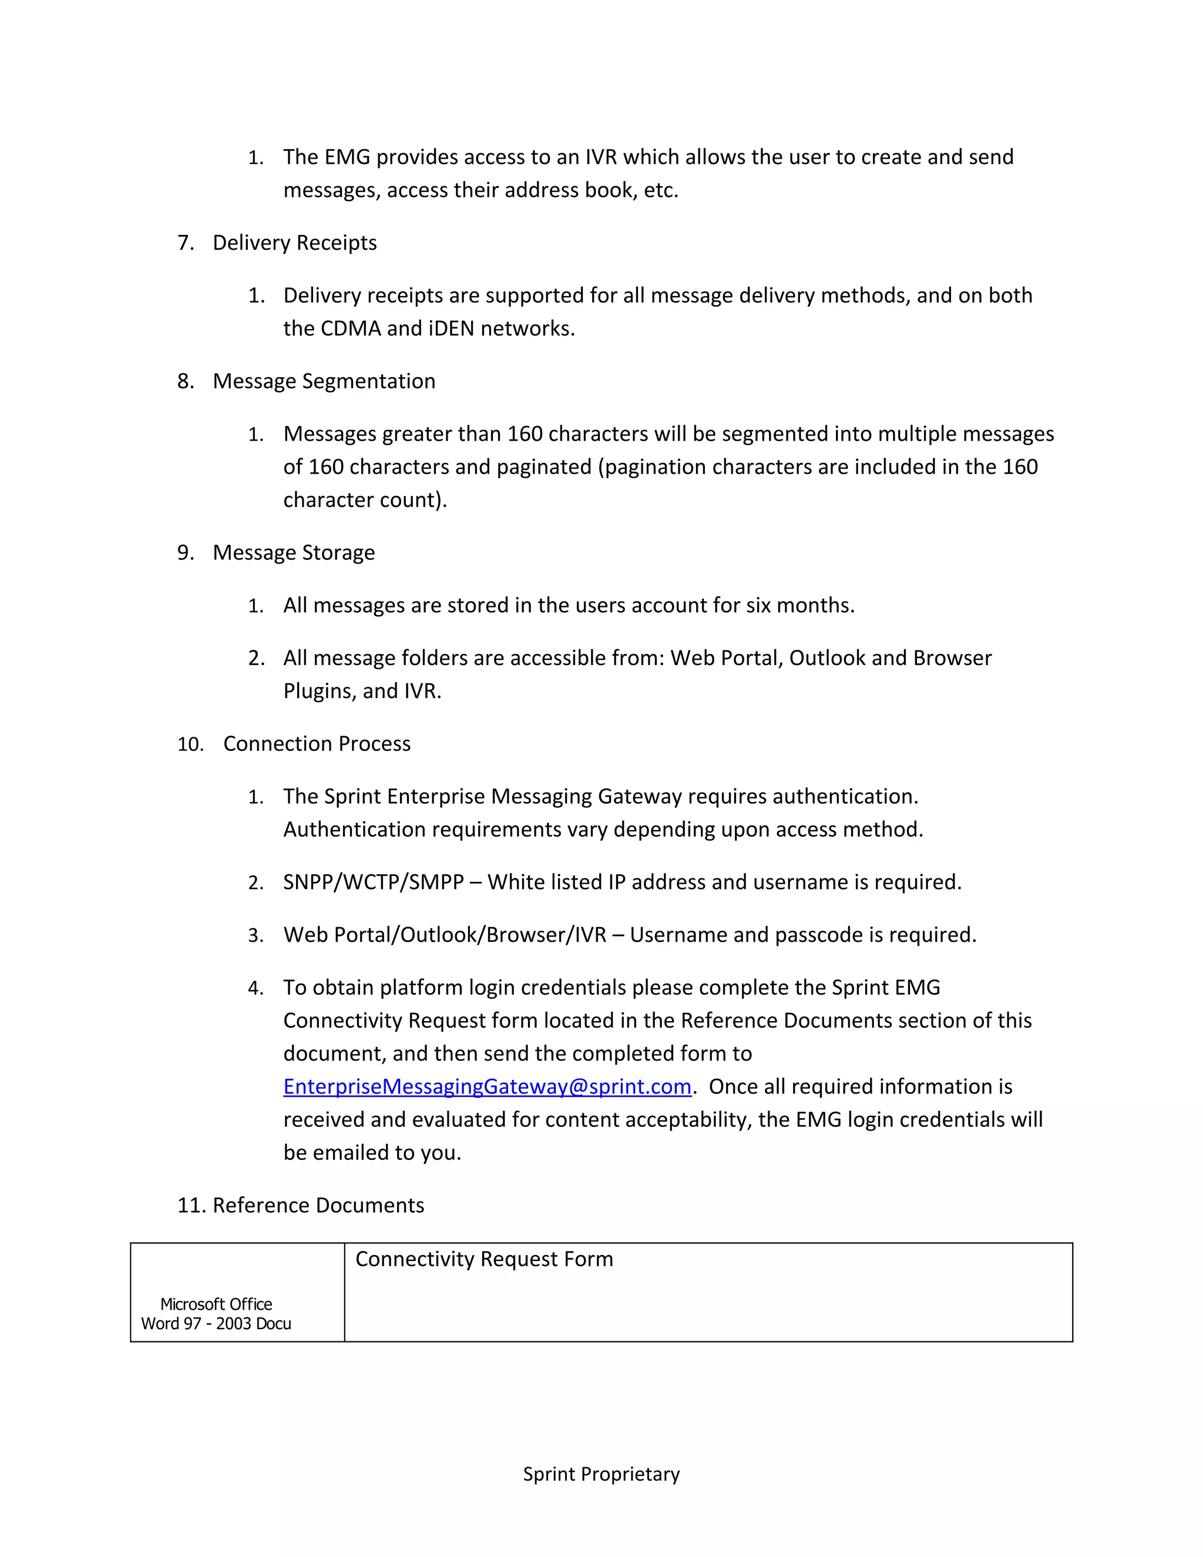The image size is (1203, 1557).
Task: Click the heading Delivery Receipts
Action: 294,243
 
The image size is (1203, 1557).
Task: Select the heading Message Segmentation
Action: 324,381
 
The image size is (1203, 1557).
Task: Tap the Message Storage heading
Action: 293,552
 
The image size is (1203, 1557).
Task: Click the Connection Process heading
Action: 317,744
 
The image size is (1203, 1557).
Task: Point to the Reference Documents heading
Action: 318,1205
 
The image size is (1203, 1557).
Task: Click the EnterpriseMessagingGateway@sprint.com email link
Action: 487,1086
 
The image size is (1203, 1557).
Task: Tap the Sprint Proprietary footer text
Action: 601,1474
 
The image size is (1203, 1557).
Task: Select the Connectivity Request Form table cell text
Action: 484,1259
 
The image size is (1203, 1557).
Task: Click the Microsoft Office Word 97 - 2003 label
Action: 216,1314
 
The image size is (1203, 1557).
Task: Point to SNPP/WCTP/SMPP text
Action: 373,882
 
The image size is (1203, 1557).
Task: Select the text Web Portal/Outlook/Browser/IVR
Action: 444,935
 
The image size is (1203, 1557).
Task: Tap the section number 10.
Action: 190,744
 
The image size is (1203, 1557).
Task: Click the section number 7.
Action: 184,243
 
